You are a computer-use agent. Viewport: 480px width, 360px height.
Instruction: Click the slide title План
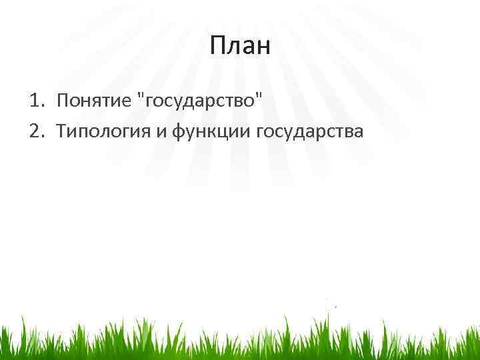point(240,46)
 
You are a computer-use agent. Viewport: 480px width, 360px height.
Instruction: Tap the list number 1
point(33,101)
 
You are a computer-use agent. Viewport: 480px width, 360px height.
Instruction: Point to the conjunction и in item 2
point(161,131)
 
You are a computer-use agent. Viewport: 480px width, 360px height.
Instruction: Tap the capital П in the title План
point(219,46)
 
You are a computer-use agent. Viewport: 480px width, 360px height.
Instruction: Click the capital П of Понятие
point(63,101)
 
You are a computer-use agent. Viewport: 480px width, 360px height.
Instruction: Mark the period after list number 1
point(42,107)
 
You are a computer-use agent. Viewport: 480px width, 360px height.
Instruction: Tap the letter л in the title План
point(234,49)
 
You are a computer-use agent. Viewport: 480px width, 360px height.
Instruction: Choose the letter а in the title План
point(248,49)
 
